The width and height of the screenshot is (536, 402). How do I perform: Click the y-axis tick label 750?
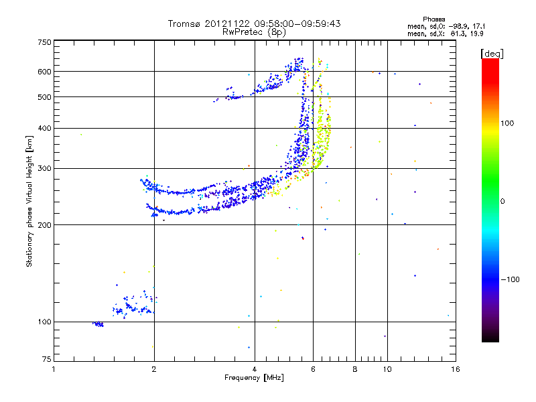click(x=44, y=42)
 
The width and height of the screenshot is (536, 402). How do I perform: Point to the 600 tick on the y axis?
click(x=44, y=71)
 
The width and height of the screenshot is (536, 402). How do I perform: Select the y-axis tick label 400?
click(x=44, y=127)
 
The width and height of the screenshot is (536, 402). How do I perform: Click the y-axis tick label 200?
click(x=44, y=224)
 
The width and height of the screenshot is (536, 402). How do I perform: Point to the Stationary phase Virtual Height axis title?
click(x=29, y=201)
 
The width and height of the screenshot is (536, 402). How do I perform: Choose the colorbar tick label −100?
click(x=513, y=279)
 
